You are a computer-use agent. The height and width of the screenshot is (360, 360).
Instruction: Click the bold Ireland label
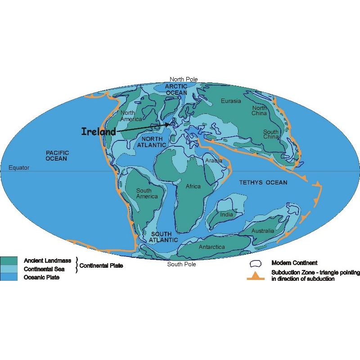99,131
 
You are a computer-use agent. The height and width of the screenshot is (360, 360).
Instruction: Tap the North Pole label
183,79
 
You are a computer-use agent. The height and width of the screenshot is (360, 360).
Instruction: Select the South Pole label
181,264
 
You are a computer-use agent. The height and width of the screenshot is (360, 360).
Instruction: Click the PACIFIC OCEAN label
56,156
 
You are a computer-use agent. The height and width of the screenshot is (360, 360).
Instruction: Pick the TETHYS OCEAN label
263,182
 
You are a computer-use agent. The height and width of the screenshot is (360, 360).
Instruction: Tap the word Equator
19,168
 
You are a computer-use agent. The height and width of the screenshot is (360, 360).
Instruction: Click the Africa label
193,186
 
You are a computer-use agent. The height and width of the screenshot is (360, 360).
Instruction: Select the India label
227,215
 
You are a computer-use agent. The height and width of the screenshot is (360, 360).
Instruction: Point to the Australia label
263,231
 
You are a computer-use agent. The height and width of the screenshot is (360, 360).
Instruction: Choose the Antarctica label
211,247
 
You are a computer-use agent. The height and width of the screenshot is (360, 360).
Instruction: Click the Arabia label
214,161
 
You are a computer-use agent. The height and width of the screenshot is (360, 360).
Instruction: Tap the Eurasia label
231,101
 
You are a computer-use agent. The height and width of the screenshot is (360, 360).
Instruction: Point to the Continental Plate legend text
101,265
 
